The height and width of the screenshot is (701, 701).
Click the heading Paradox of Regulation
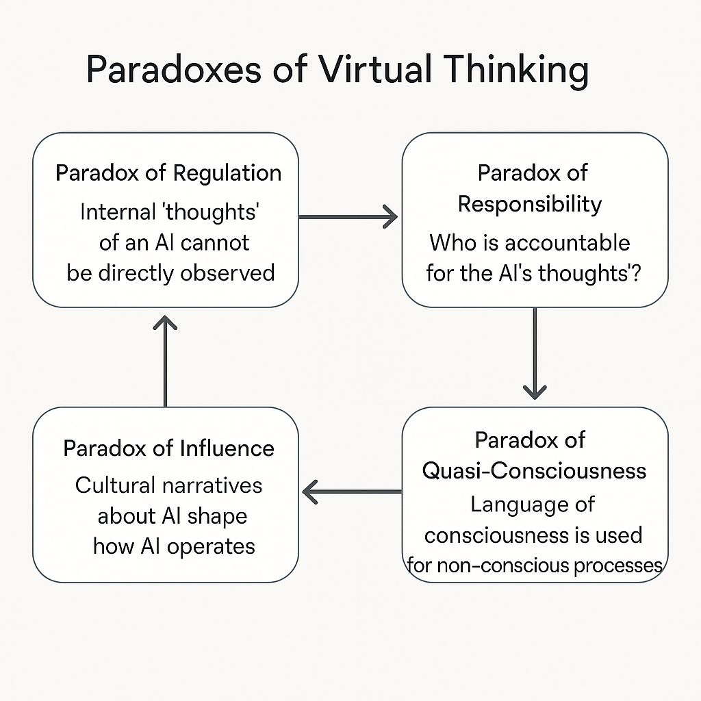coord(168,173)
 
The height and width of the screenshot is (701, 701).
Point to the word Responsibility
coord(530,203)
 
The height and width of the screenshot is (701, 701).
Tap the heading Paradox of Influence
coord(168,448)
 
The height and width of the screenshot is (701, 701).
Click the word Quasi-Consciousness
coord(534,470)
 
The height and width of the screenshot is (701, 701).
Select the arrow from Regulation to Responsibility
coord(348,217)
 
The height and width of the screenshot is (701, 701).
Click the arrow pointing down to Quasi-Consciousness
coord(534,353)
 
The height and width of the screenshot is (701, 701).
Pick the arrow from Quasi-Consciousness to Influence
coord(351,491)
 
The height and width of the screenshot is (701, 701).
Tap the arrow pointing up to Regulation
coord(165,360)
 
